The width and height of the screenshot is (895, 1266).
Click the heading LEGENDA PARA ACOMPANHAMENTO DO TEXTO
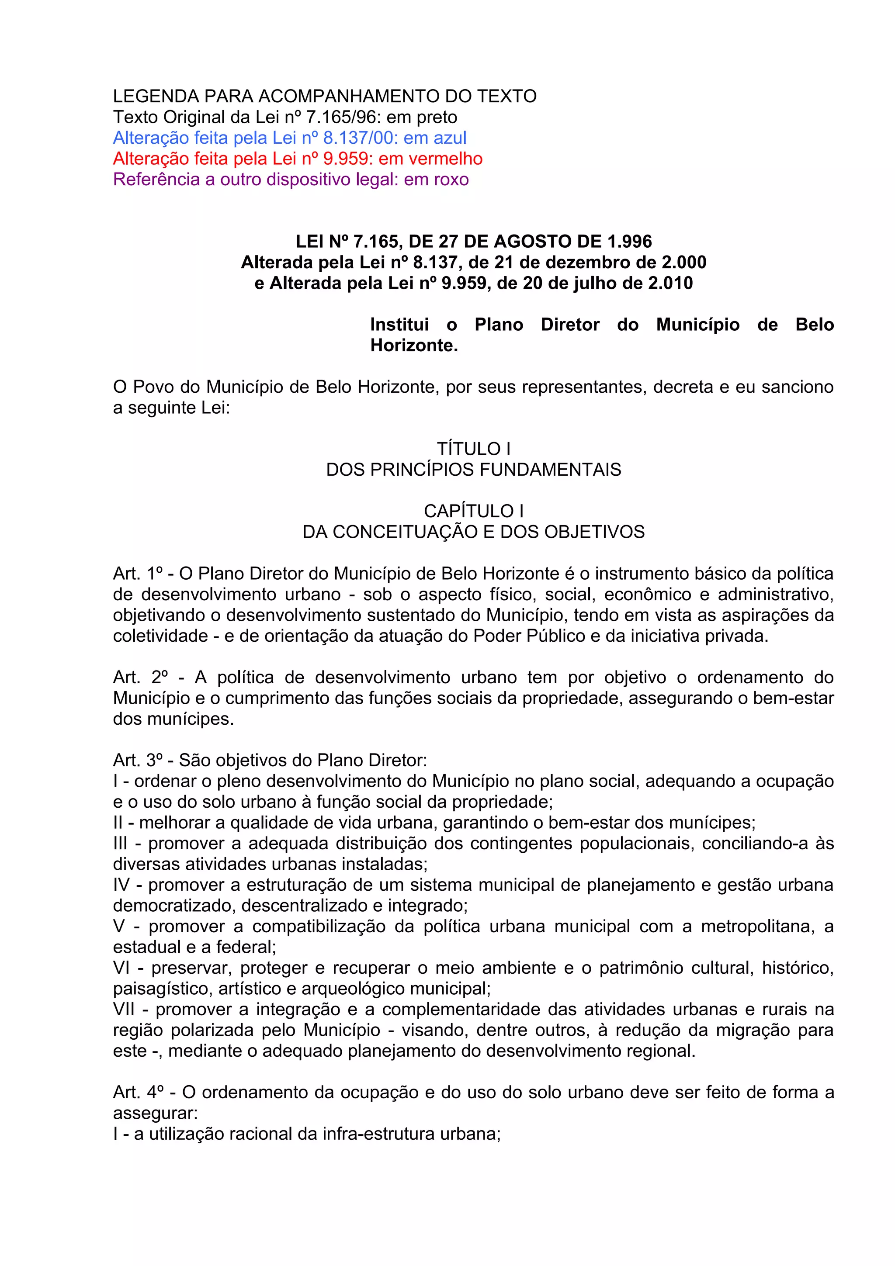pyautogui.click(x=324, y=97)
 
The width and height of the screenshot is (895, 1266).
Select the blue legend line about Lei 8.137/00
pyautogui.click(x=289, y=138)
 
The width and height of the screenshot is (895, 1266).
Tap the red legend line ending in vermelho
pyautogui.click(x=298, y=159)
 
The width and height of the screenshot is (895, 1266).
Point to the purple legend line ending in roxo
pyautogui.click(x=291, y=180)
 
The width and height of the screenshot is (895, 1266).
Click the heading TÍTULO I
pyautogui.click(x=473, y=449)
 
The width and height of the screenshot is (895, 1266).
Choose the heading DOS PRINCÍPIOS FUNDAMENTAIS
pyautogui.click(x=473, y=470)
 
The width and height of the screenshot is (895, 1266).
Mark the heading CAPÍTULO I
pyautogui.click(x=473, y=512)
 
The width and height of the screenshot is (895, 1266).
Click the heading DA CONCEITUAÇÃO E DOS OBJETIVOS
pyautogui.click(x=473, y=532)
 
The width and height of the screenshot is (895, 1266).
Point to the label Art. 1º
pyautogui.click(x=138, y=574)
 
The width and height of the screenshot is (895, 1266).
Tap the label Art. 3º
pyautogui.click(x=138, y=761)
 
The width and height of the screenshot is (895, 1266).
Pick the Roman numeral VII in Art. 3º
pyautogui.click(x=124, y=1010)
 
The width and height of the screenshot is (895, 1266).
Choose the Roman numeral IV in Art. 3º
pyautogui.click(x=121, y=885)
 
